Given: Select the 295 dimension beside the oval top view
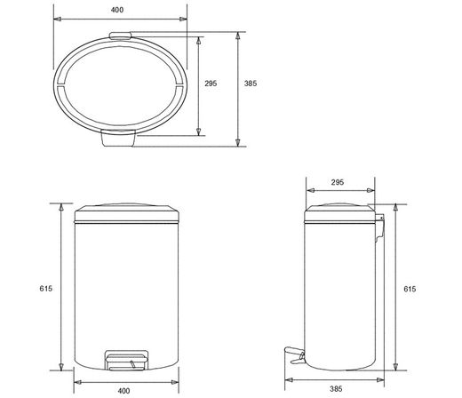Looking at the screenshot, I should point(211,84).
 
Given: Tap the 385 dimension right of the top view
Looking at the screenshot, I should point(251,84).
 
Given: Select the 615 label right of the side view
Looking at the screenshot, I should point(410,289).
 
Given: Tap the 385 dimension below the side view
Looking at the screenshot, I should point(337,388).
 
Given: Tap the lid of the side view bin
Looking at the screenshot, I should point(339,214).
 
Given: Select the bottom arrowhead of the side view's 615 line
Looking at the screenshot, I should point(395,368).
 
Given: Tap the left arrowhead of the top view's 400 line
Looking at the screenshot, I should point(55,18).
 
